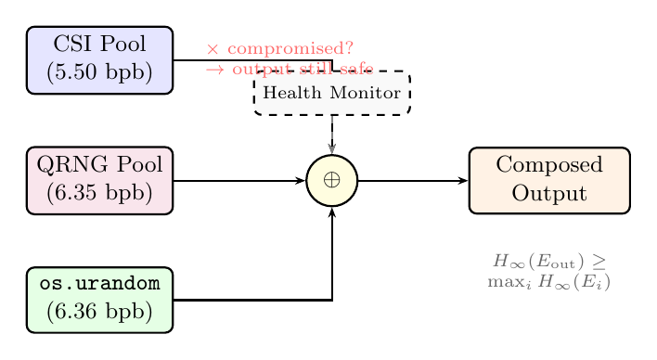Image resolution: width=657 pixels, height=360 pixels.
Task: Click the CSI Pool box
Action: click(x=99, y=59)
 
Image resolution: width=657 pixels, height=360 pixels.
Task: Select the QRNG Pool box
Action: click(x=99, y=180)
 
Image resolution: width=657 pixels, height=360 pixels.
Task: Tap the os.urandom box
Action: click(x=99, y=300)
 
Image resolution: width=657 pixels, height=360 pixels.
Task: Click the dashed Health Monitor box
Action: click(x=332, y=93)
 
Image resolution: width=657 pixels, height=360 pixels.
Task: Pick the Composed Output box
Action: click(x=549, y=180)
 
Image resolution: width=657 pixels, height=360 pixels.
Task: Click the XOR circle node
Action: click(x=332, y=180)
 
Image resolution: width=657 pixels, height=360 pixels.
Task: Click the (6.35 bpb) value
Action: click(x=99, y=193)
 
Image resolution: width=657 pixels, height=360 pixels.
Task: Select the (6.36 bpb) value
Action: click(x=99, y=313)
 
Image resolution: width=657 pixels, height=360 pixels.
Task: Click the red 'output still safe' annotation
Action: click(x=302, y=69)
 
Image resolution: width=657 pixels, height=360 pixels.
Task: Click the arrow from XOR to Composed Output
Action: click(x=413, y=180)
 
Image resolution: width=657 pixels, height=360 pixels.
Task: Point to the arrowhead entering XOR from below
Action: click(x=332, y=212)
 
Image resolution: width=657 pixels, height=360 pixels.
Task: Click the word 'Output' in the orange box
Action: click(x=549, y=193)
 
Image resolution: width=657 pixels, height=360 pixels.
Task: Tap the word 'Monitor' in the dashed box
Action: click(x=368, y=93)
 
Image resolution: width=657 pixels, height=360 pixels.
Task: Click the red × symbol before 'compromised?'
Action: click(x=213, y=48)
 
